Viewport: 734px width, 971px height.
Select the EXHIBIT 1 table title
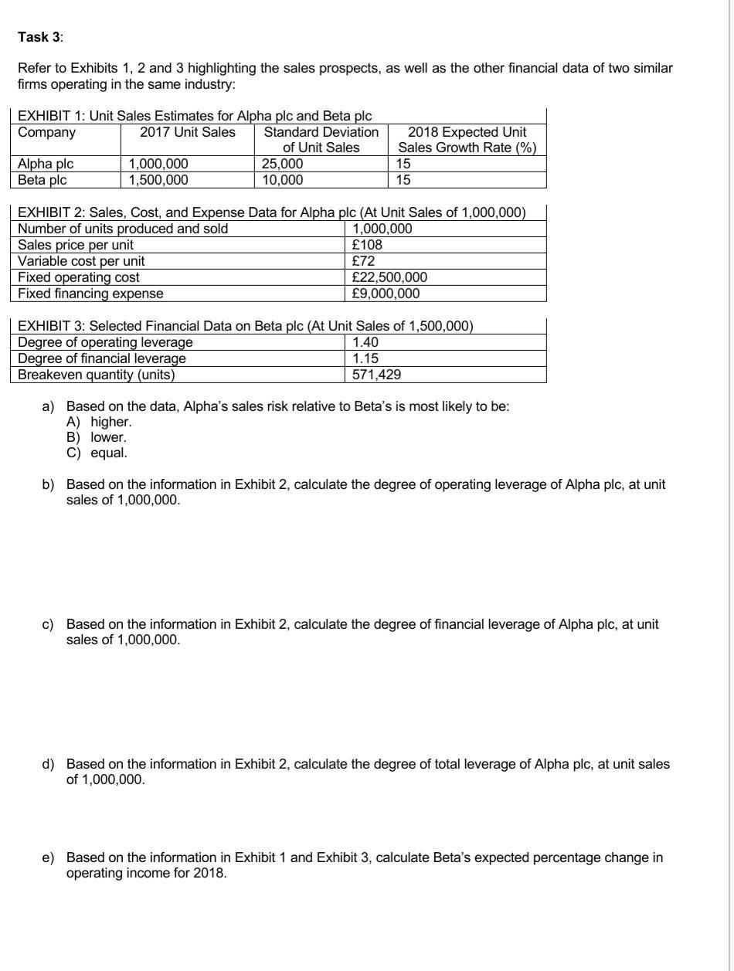click(x=195, y=116)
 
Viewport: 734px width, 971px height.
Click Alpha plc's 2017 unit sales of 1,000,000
click(x=158, y=164)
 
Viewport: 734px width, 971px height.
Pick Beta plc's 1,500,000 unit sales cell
click(x=158, y=180)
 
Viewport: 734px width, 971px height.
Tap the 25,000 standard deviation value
click(x=283, y=164)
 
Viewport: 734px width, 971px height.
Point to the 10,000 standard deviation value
click(x=283, y=180)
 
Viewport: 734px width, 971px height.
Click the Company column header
click(x=47, y=132)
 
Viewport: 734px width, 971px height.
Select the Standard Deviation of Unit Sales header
click(x=321, y=139)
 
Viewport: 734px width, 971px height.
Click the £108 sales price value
click(x=367, y=245)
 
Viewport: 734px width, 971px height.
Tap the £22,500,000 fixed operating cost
click(x=389, y=277)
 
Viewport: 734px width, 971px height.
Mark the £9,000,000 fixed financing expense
click(x=386, y=294)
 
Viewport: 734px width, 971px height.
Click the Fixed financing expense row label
click(x=90, y=294)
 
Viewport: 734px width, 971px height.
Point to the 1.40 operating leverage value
click(x=365, y=342)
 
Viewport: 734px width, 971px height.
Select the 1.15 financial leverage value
click(x=365, y=358)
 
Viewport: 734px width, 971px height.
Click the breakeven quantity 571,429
click(x=376, y=375)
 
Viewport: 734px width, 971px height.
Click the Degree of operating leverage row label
click(x=105, y=342)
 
